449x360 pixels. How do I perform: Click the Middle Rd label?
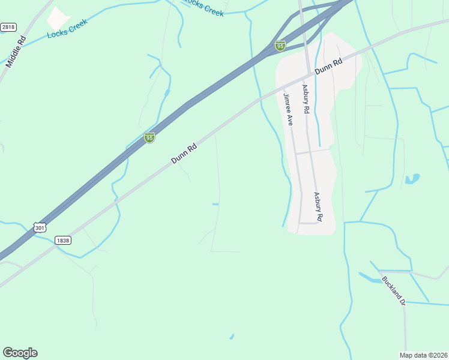[16, 52]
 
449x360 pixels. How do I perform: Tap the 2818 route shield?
[8, 27]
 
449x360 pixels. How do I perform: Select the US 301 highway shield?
[40, 227]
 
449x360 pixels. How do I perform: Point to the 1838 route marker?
[62, 240]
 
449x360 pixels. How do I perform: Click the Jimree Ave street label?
[288, 109]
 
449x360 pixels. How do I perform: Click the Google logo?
[20, 352]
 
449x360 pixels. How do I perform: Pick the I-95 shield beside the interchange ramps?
[280, 46]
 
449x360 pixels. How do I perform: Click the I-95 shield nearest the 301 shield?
[149, 137]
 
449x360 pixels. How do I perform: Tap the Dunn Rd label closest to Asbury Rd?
[328, 66]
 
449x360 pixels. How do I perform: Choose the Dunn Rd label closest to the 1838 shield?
[184, 154]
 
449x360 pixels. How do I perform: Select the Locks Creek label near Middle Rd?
[67, 28]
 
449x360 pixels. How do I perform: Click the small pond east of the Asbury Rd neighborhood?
[412, 179]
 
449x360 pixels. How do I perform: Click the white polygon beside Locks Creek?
[58, 19]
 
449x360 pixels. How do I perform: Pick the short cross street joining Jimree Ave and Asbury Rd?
[312, 152]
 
